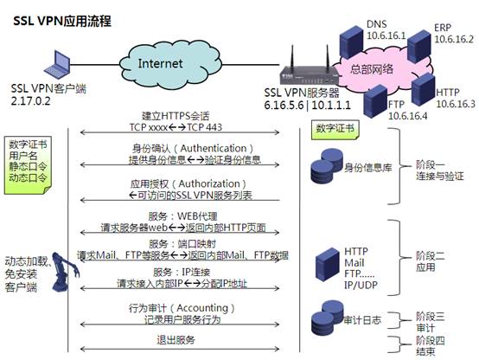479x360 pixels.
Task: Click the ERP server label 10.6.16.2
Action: (x=453, y=39)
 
